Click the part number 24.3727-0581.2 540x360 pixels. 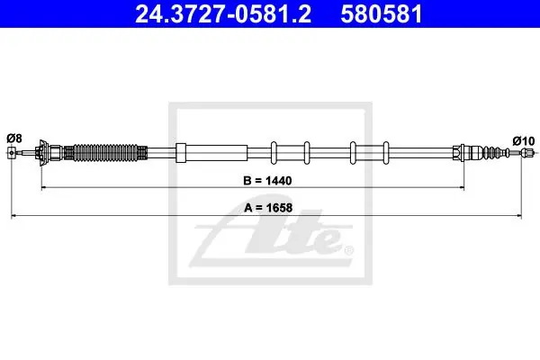coord(223,14)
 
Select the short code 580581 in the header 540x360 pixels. coord(382,14)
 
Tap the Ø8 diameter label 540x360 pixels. coord(14,139)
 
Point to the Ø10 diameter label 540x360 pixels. coord(524,141)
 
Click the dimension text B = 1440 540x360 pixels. coord(267,181)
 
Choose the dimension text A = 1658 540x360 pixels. coord(268,208)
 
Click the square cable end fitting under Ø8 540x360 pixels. coord(12,152)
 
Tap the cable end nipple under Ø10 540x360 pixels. coord(526,152)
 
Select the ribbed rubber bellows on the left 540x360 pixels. coord(105,153)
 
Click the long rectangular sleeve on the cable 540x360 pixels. coord(211,153)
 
